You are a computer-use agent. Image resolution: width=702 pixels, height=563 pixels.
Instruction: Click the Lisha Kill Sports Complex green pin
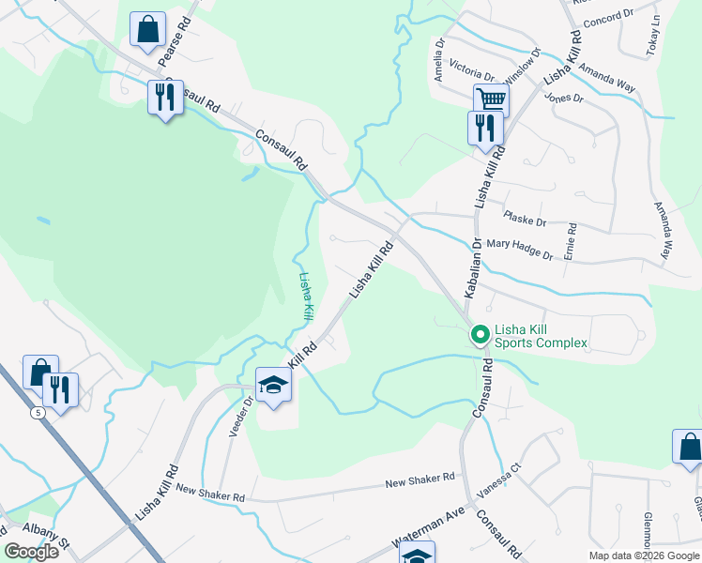point(480,334)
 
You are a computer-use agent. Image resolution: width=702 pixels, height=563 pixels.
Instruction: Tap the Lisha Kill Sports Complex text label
point(541,335)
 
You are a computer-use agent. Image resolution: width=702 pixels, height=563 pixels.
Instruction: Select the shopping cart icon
point(491,99)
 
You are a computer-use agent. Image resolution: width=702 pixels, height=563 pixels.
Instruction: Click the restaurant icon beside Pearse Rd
point(165,97)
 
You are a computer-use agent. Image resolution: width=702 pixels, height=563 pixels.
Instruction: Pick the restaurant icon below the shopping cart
point(484,127)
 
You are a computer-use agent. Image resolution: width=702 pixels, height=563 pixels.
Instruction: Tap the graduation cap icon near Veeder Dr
point(273,386)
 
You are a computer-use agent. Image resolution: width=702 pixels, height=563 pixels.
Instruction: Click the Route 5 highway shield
point(37,412)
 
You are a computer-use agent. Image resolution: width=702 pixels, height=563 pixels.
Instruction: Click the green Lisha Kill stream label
point(304,297)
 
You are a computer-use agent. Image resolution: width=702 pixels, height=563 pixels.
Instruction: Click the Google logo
point(32,552)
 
